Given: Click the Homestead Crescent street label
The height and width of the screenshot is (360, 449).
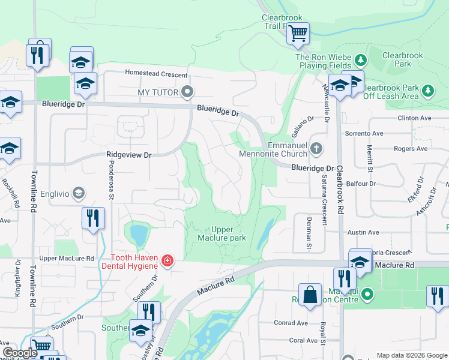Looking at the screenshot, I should pyautogui.click(x=155, y=73).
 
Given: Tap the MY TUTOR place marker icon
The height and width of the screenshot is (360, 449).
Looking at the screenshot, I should pyautogui.click(x=188, y=92).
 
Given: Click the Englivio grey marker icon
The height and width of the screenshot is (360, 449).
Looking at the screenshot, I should pyautogui.click(x=77, y=193).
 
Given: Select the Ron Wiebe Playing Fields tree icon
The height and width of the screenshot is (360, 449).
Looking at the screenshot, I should pyautogui.click(x=360, y=60).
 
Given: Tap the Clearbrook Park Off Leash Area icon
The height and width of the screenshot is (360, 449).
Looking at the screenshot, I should pyautogui.click(x=427, y=91).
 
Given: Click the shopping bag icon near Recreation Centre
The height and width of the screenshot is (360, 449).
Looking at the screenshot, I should pyautogui.click(x=310, y=295).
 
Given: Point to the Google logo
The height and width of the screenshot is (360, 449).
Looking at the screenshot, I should pyautogui.click(x=20, y=353).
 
